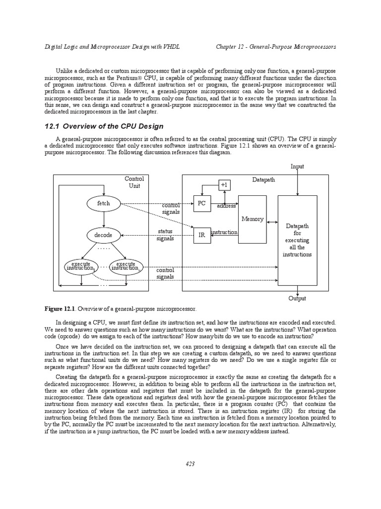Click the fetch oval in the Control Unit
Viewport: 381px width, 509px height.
pyautogui.click(x=104, y=203)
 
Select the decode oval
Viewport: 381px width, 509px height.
pyautogui.click(x=103, y=235)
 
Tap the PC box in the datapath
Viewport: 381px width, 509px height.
pyautogui.click(x=201, y=203)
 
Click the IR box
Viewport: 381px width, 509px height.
pyautogui.click(x=201, y=236)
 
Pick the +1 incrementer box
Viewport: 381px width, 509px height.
pyautogui.click(x=225, y=184)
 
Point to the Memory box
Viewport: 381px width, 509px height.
pyautogui.click(x=253, y=219)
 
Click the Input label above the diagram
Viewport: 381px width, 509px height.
pyautogui.click(x=297, y=167)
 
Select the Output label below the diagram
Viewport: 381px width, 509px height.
pyautogui.click(x=297, y=298)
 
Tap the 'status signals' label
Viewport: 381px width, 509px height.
pyautogui.click(x=165, y=235)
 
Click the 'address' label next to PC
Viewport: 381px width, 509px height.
pyautogui.click(x=226, y=205)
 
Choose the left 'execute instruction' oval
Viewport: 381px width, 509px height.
pyautogui.click(x=81, y=266)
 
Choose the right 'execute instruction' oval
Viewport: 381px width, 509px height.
pyautogui.click(x=126, y=266)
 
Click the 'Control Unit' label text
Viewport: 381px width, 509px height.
pyautogui.click(x=134, y=182)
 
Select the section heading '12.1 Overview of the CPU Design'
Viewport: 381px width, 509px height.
pyautogui.click(x=104, y=126)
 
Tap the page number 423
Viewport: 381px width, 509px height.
pyautogui.click(x=190, y=464)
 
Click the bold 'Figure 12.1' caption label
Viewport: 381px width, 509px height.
pyautogui.click(x=60, y=309)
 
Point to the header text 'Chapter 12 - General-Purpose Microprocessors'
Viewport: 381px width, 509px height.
pyautogui.click(x=276, y=47)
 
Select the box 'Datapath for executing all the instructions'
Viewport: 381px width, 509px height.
pyautogui.click(x=297, y=240)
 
